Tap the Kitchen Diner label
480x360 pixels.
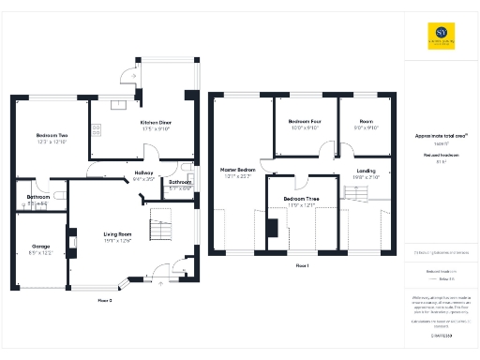(x=156, y=123)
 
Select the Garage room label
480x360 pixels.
(x=40, y=247)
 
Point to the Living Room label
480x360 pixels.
(x=117, y=234)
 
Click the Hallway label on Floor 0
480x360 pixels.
(x=143, y=172)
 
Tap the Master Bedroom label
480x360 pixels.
(x=237, y=170)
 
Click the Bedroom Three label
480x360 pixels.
(x=301, y=200)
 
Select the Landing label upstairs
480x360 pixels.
(x=365, y=170)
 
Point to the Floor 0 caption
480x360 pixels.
(x=104, y=300)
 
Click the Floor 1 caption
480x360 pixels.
(x=302, y=266)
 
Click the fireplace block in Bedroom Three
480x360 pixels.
(x=272, y=228)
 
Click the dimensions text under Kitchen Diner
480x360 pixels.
(x=156, y=129)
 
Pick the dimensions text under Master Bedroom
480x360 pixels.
(x=237, y=176)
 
